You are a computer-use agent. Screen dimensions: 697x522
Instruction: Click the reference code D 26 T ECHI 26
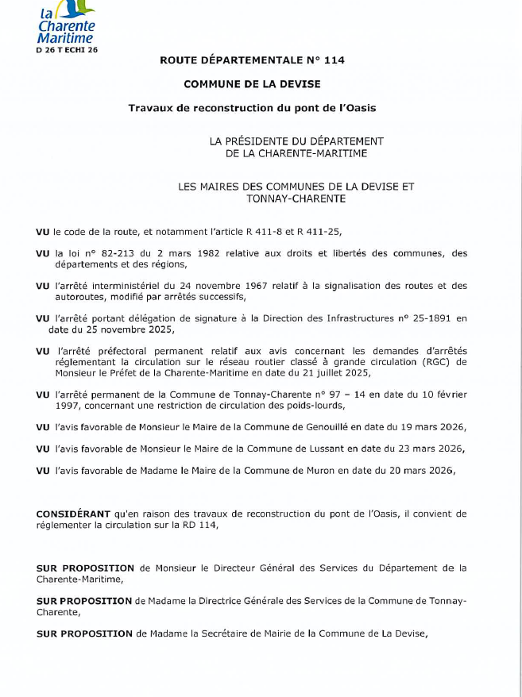click(67, 49)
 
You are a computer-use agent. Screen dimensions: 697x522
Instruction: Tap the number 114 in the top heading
click(334, 60)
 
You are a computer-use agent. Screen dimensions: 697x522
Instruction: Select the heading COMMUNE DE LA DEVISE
click(252, 83)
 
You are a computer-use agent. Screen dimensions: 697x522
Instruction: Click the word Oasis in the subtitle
click(359, 107)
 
